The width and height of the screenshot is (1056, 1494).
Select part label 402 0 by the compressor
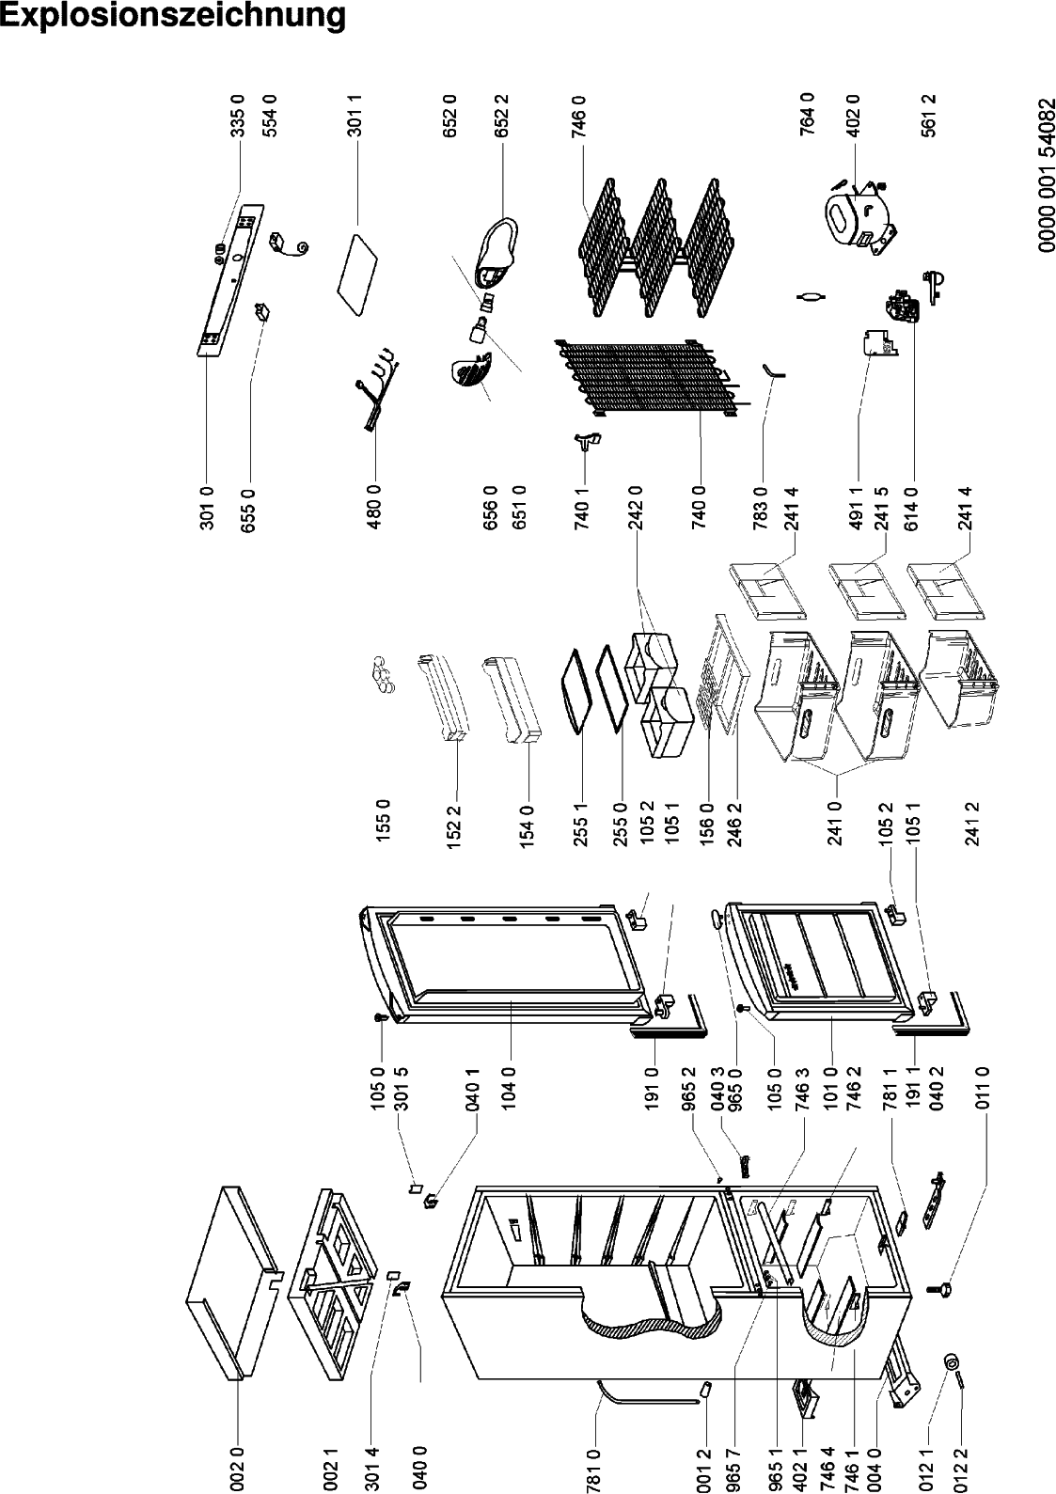click(x=853, y=115)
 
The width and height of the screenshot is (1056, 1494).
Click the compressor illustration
click(x=859, y=217)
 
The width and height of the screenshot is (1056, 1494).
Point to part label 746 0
click(x=577, y=115)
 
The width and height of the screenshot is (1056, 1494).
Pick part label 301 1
click(x=355, y=115)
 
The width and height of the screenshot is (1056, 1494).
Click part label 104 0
click(x=509, y=1089)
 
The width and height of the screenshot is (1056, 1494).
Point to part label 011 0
click(x=982, y=1089)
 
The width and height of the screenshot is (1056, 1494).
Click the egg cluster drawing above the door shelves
click(x=382, y=674)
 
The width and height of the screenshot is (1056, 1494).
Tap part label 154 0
click(x=527, y=826)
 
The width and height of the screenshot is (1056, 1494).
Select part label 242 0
click(x=635, y=508)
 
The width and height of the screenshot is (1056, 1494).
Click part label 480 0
click(x=374, y=508)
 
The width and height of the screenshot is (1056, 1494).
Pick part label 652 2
click(x=501, y=115)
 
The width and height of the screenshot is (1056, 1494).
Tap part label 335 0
click(x=238, y=115)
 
